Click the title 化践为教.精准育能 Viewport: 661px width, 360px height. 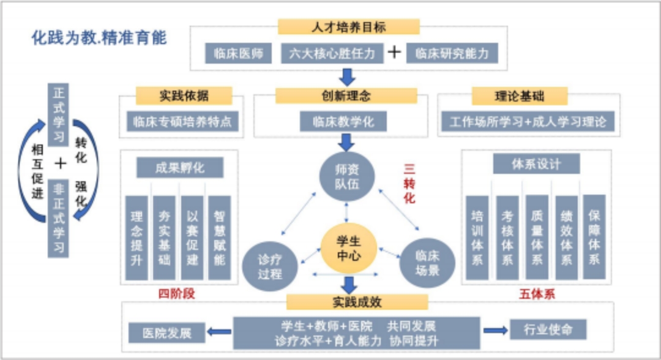pyautogui.click(x=99, y=38)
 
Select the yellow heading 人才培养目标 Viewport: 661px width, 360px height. pyautogui.click(x=349, y=26)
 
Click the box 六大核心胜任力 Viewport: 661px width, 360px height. pyautogui.click(x=332, y=53)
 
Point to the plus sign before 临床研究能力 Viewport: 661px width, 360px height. pyautogui.click(x=395, y=53)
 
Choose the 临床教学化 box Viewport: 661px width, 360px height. pyautogui.click(x=346, y=121)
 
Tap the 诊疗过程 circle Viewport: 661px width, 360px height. pyautogui.click(x=270, y=266)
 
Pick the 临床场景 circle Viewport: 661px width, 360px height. pyautogui.click(x=427, y=264)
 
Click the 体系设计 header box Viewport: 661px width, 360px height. pyautogui.click(x=536, y=164)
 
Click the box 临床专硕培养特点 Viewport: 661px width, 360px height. pyautogui.click(x=182, y=121)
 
